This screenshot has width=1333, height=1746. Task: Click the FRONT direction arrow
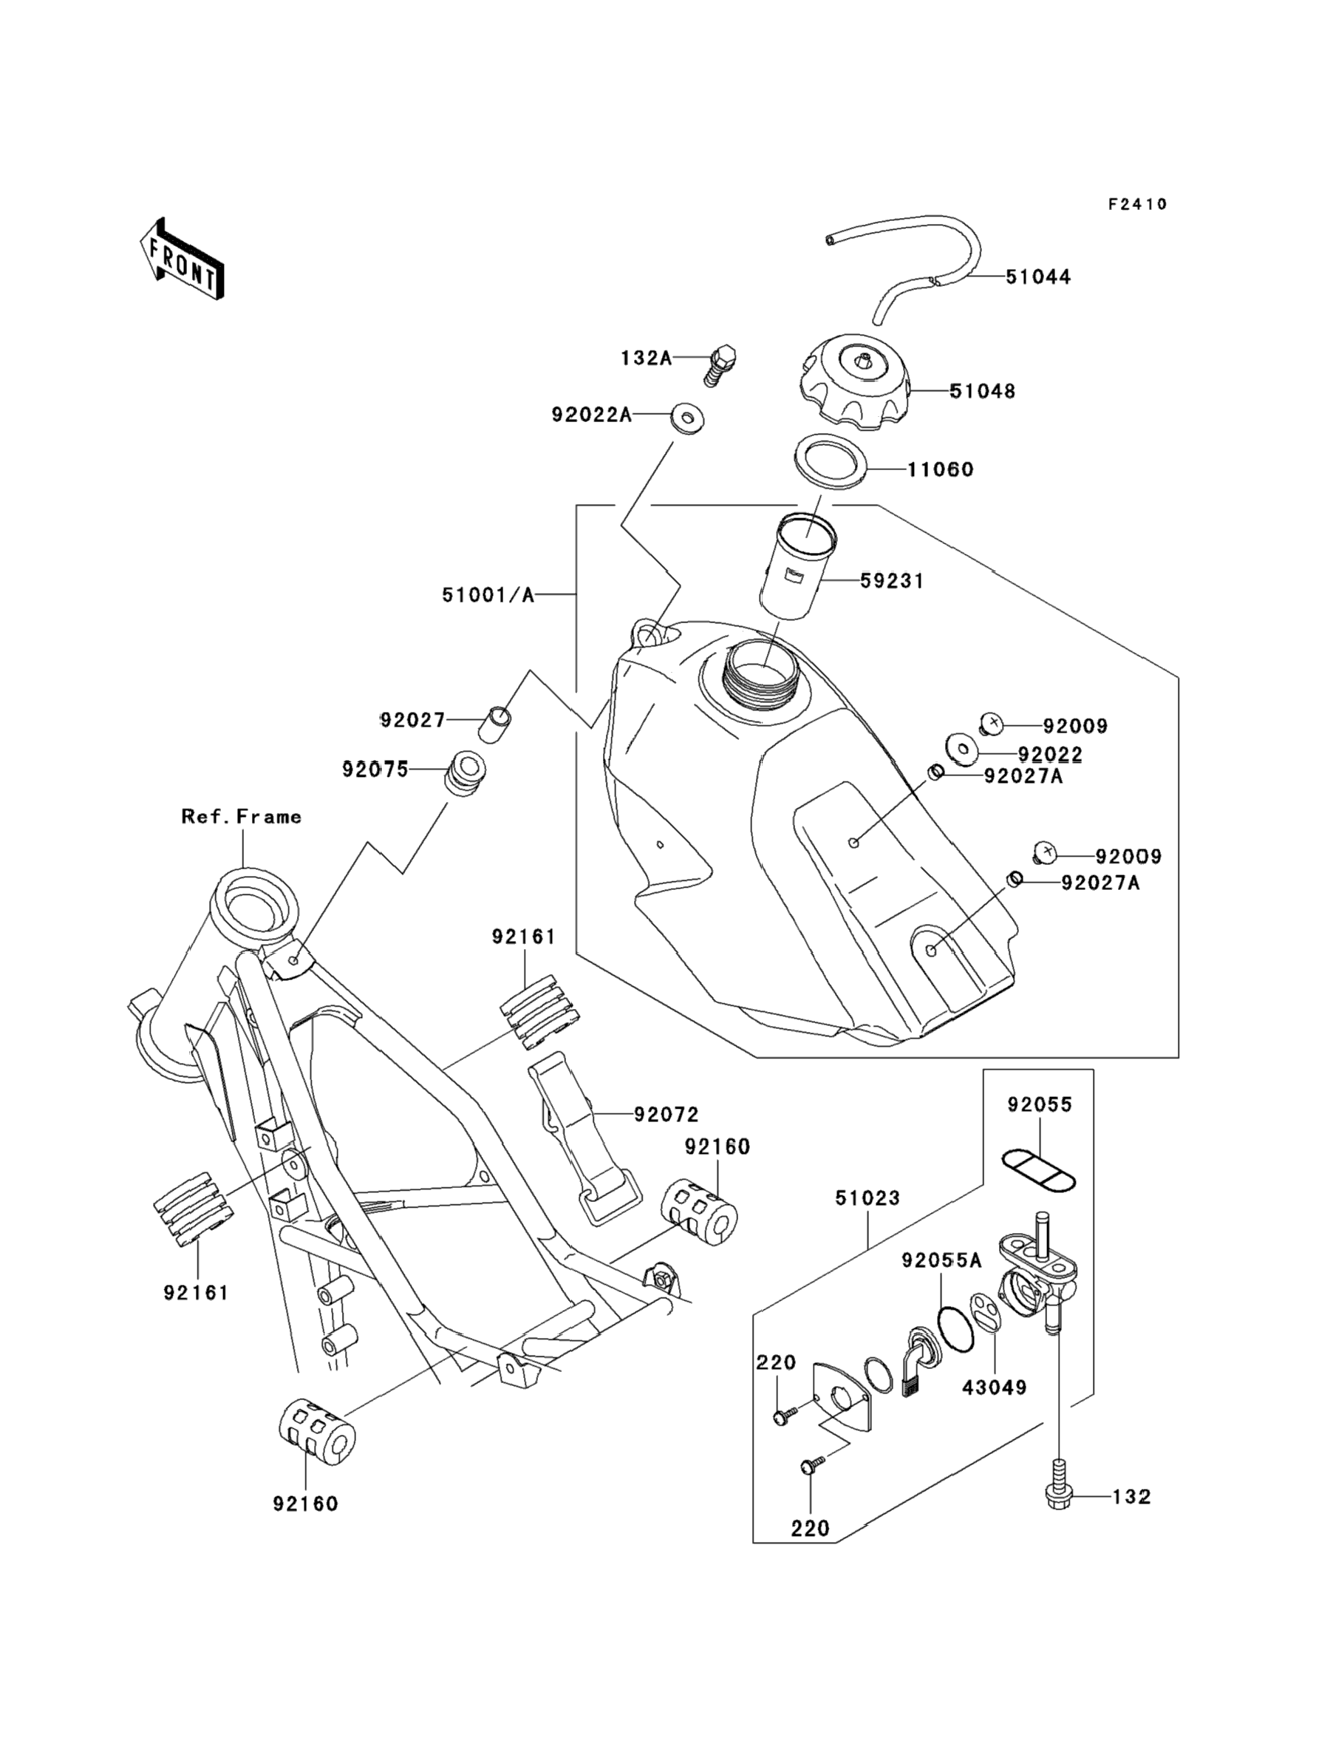(x=182, y=259)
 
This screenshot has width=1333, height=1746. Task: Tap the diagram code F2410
(x=1138, y=205)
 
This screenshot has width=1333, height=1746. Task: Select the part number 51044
(x=1038, y=277)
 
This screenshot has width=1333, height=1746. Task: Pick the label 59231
(x=893, y=582)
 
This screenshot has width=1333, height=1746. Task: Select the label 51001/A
(x=488, y=594)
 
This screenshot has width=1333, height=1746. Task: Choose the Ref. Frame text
(x=241, y=817)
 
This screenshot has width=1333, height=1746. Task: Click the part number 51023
(x=867, y=1198)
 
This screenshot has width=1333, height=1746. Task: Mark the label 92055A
(x=941, y=1260)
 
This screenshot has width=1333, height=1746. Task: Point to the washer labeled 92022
(x=960, y=747)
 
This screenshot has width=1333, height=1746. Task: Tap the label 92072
(x=666, y=1115)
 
